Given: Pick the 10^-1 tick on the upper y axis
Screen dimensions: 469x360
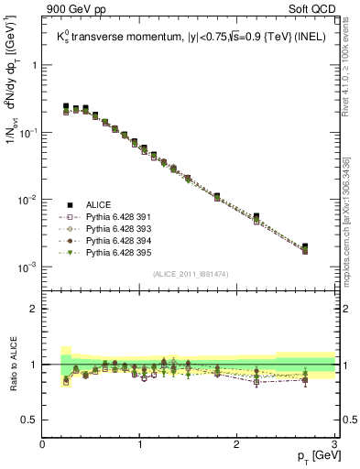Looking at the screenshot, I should tap(27, 133).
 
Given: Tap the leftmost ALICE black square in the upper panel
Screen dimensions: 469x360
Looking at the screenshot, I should tap(66, 107).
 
